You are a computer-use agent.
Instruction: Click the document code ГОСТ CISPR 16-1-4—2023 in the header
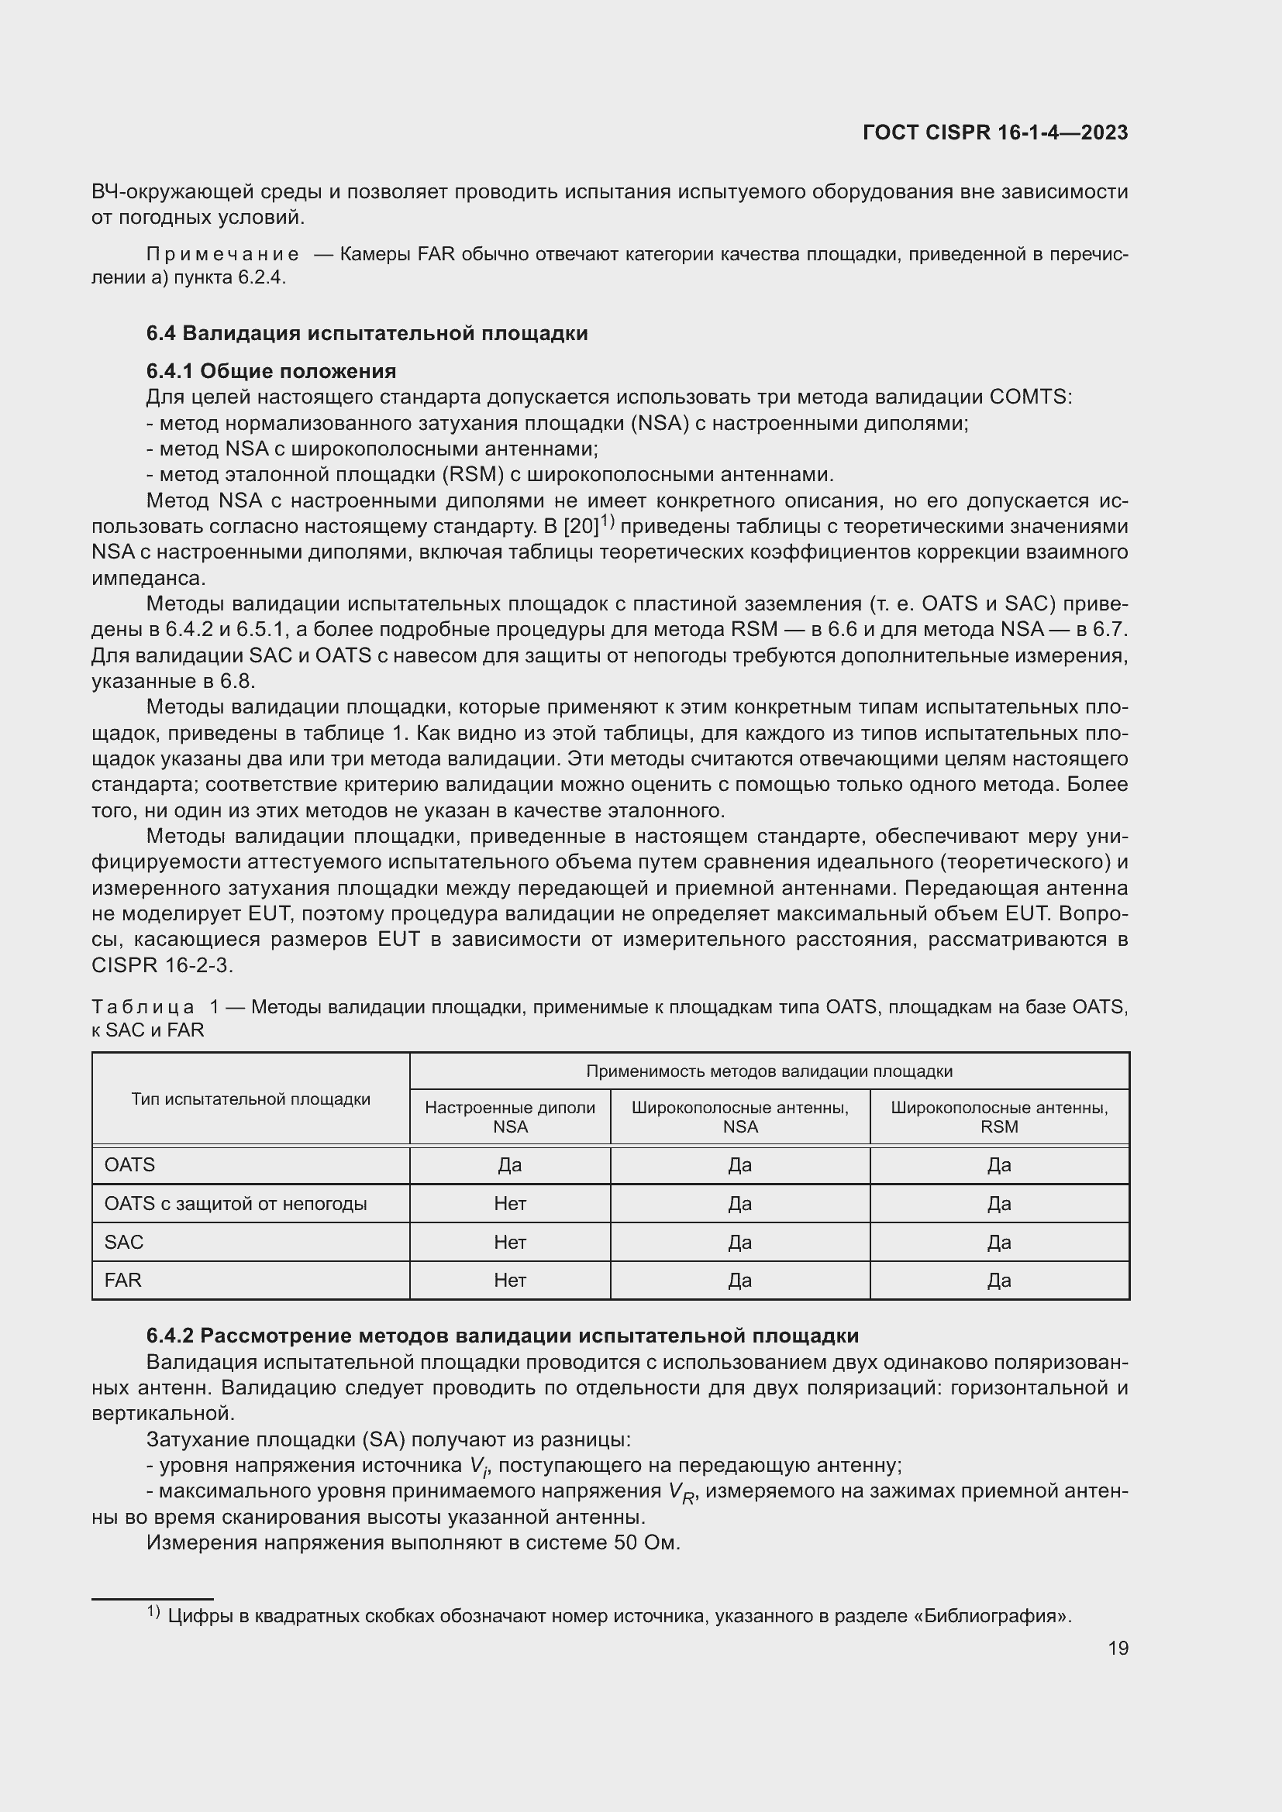(994, 132)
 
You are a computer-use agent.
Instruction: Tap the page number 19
(1118, 1649)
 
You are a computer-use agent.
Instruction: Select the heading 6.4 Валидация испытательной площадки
(367, 333)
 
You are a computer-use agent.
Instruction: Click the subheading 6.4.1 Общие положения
(271, 371)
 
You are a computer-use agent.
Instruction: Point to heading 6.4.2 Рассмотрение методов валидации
(502, 1336)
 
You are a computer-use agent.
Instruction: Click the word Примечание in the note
(222, 254)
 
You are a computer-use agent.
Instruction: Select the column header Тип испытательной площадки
(250, 1099)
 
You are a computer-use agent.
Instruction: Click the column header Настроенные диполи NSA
(510, 1118)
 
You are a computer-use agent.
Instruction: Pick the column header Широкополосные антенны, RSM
(998, 1118)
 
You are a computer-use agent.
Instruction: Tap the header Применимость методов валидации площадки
(769, 1071)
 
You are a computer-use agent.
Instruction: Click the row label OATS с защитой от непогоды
(236, 1205)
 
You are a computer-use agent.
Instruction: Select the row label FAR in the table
(123, 1280)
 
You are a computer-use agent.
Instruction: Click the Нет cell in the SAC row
(510, 1242)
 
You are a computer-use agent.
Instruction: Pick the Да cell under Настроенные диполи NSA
(510, 1166)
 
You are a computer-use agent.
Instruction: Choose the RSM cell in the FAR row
(998, 1280)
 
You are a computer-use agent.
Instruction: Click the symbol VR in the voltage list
(679, 1492)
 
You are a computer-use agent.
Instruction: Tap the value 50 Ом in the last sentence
(644, 1543)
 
